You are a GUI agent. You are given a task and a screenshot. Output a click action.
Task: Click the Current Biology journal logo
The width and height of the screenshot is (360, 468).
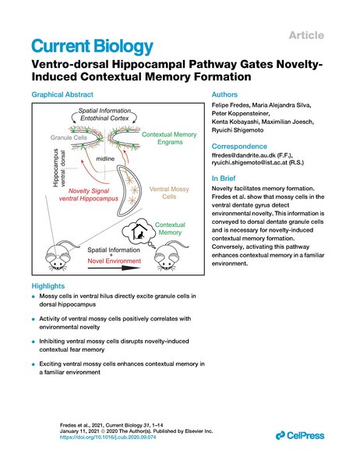(x=92, y=47)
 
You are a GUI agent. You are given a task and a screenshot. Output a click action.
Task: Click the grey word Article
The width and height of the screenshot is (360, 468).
(x=306, y=35)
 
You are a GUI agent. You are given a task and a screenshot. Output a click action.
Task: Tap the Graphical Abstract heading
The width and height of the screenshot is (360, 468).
(x=62, y=94)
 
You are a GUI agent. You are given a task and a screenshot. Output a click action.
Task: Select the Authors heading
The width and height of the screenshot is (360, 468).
(x=224, y=94)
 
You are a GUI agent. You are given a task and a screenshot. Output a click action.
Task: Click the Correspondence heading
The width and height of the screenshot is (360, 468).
(x=239, y=147)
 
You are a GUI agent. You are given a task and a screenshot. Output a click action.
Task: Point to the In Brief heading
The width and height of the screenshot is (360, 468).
(x=224, y=178)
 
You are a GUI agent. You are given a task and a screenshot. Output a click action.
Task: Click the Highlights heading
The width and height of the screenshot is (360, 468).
(x=48, y=286)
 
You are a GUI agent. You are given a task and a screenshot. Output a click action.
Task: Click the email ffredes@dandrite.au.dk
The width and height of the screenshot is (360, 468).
(x=243, y=155)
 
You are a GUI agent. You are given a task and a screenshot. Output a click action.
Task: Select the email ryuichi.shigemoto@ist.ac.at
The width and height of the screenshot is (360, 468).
(x=249, y=163)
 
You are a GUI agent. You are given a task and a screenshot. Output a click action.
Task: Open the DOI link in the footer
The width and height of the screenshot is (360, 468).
(x=108, y=438)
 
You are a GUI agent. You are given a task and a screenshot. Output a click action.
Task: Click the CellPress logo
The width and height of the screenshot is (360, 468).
(x=300, y=435)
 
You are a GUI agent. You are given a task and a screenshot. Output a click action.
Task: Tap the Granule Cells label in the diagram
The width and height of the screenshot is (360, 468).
(x=69, y=137)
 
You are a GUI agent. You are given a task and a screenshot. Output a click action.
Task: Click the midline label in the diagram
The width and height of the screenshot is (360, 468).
(x=105, y=159)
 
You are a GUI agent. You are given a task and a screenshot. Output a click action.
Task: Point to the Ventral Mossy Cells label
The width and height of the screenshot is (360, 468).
(x=169, y=193)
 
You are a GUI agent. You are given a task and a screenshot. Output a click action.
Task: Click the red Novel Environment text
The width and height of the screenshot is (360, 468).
(x=115, y=261)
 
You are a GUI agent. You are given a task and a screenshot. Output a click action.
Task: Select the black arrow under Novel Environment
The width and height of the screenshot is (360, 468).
(x=115, y=268)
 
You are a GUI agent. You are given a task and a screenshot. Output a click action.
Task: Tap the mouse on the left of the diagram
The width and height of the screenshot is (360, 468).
(x=61, y=255)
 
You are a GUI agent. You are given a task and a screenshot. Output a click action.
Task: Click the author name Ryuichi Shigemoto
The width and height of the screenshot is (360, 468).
(x=238, y=130)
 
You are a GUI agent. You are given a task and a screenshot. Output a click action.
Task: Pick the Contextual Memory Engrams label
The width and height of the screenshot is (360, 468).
(x=169, y=138)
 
